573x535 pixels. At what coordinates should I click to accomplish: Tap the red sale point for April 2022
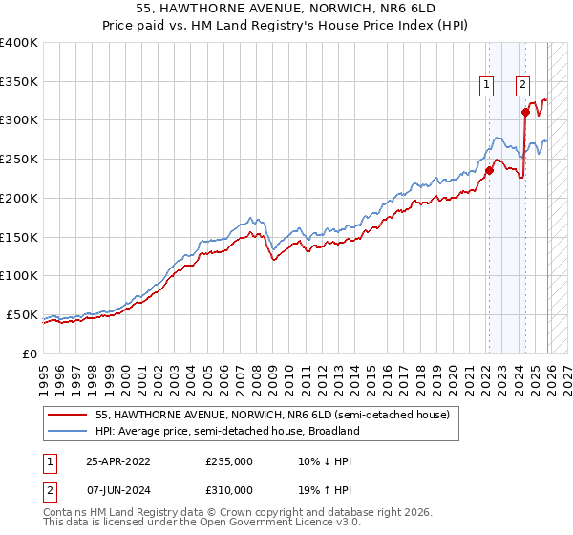(x=489, y=171)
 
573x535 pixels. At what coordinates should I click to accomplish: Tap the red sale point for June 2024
(x=526, y=113)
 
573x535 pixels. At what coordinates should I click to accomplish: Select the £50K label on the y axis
(x=21, y=314)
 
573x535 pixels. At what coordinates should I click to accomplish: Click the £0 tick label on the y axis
(x=30, y=353)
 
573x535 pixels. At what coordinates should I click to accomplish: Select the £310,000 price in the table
(x=229, y=491)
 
